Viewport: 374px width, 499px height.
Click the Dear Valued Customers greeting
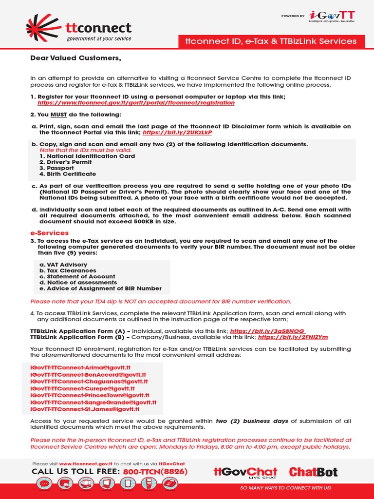pos(75,58)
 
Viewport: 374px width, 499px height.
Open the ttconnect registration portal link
pos(136,103)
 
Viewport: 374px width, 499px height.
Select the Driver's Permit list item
pos(66,162)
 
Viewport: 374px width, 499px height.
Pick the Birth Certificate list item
pos(68,174)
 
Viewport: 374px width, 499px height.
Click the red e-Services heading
pos(50,233)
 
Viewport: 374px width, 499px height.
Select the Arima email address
pos(80,366)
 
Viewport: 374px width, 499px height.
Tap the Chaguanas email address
pos(89,382)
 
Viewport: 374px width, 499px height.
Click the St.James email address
pos(85,410)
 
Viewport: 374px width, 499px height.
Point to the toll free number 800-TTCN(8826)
pos(155,472)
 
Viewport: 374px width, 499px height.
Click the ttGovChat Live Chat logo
pos(245,472)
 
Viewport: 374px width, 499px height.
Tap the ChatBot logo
pos(313,472)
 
